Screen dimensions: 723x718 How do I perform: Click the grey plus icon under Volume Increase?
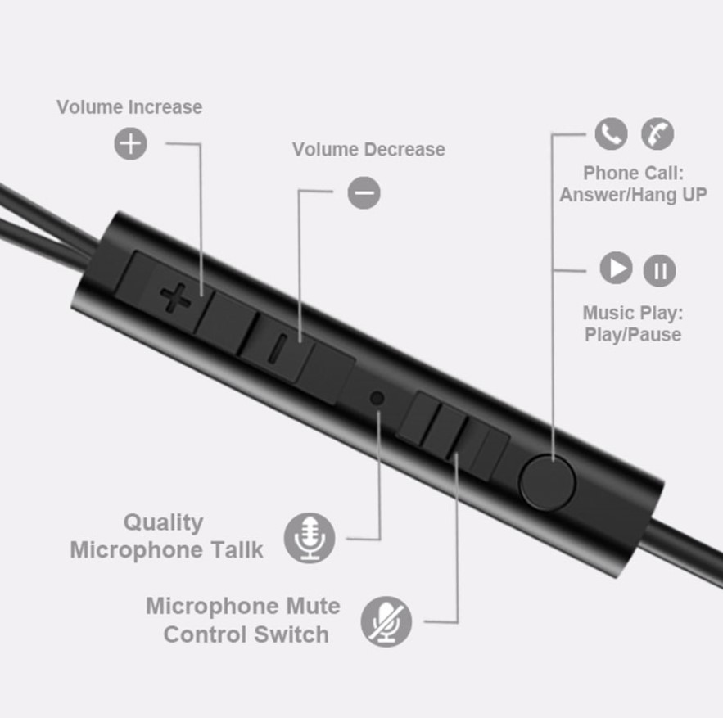pyautogui.click(x=130, y=143)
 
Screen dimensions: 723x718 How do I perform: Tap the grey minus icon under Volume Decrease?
pyautogui.click(x=364, y=192)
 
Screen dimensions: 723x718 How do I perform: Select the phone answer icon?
pyautogui.click(x=611, y=133)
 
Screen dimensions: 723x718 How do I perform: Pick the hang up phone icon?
pyautogui.click(x=657, y=133)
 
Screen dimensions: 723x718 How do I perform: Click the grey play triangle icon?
pyautogui.click(x=616, y=268)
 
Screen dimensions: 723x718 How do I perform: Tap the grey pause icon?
pyautogui.click(x=659, y=270)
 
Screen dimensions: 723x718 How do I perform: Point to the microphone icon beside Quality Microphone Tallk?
pyautogui.click(x=310, y=538)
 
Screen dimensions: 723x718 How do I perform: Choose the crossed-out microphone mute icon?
pyautogui.click(x=386, y=621)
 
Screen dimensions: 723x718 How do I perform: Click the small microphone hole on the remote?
pyautogui.click(x=377, y=398)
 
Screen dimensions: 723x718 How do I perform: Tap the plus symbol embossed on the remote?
pyautogui.click(x=174, y=298)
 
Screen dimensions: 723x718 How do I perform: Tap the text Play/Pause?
pyautogui.click(x=633, y=334)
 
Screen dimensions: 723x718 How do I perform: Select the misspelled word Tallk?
pyautogui.click(x=237, y=549)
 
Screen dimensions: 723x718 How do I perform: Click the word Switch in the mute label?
pyautogui.click(x=291, y=634)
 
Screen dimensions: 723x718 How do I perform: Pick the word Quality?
pyautogui.click(x=164, y=523)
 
